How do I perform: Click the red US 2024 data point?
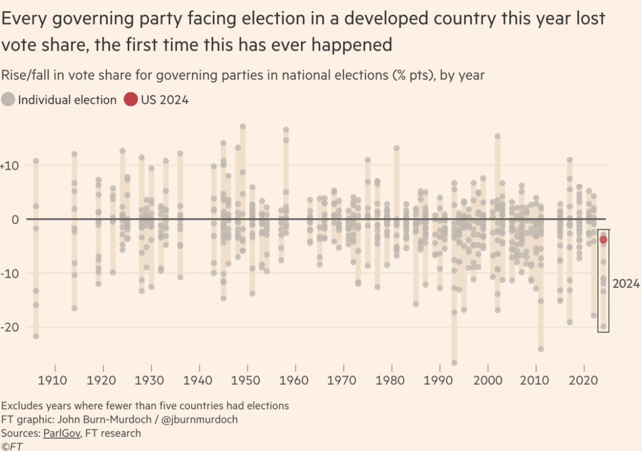pos(603,239)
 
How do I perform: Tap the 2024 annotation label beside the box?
pos(626,284)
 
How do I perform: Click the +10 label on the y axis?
pos(9,166)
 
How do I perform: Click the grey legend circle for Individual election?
pos(8,100)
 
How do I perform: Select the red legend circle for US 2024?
pos(131,100)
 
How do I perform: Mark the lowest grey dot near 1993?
pos(454,363)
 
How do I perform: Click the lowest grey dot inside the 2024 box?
pos(603,327)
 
